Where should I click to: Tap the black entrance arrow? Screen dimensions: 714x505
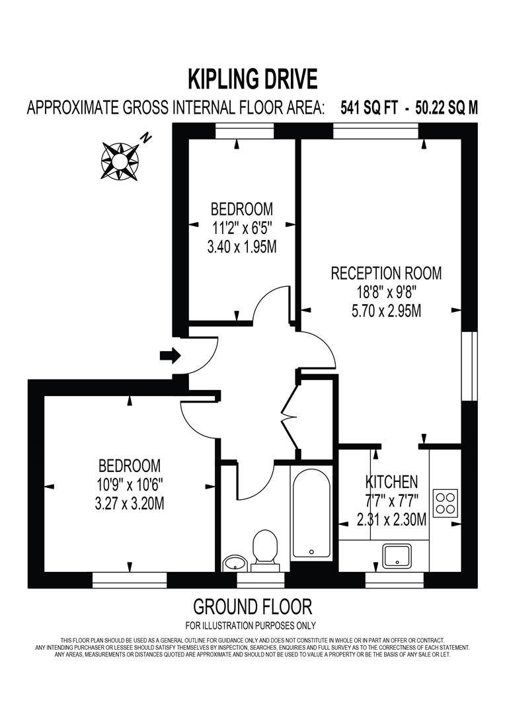click(170, 356)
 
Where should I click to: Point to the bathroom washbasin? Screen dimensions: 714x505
click(234, 563)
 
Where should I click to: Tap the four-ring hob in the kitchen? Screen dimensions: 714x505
click(446, 502)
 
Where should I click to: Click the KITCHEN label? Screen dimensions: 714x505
click(392, 481)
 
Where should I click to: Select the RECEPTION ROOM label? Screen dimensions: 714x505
click(387, 272)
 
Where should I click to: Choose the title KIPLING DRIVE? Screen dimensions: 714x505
click(252, 79)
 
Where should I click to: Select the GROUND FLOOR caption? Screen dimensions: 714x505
click(252, 606)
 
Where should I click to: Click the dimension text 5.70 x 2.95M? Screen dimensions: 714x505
click(387, 310)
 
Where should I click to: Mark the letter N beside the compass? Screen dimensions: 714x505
click(146, 138)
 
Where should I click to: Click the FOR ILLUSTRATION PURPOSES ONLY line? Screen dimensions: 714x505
click(251, 625)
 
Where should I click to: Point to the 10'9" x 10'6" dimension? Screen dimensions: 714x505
click(130, 484)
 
